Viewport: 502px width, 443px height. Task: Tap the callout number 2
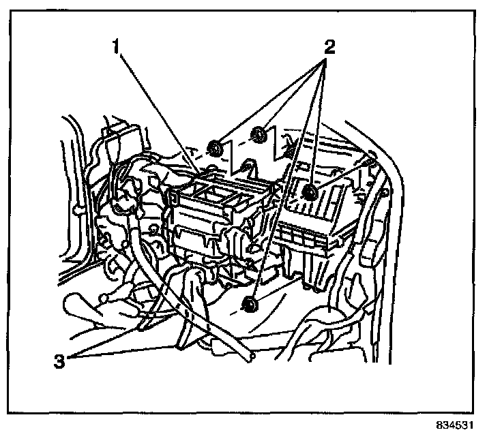pos(329,48)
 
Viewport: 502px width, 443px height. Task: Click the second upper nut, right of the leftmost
pos(259,134)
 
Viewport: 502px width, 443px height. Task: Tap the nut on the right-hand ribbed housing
pos(309,193)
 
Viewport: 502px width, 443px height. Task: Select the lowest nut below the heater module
pos(250,305)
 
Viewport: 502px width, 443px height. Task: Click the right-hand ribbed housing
pos(321,211)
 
